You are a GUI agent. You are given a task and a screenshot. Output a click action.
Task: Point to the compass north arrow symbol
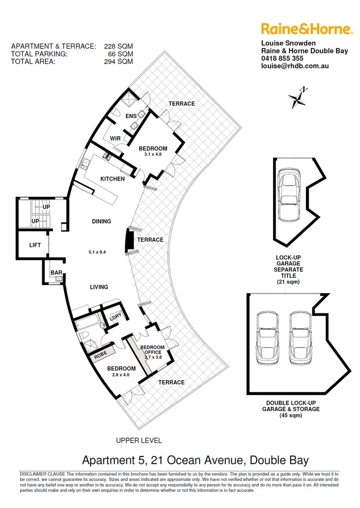click(x=298, y=97)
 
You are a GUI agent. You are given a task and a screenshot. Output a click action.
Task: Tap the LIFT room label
click(x=35, y=245)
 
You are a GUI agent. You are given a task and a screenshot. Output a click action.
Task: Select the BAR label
click(x=56, y=273)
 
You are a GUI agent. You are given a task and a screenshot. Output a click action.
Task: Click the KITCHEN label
click(x=113, y=179)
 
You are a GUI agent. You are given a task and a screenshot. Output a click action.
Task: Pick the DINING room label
click(x=101, y=221)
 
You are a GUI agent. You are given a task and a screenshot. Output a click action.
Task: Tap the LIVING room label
click(x=99, y=287)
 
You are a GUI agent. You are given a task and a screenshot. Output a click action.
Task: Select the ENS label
click(x=131, y=117)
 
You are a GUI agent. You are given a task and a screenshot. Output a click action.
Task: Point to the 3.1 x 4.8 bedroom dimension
click(x=153, y=155)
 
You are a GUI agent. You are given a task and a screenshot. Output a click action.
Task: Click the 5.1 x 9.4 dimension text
click(x=97, y=252)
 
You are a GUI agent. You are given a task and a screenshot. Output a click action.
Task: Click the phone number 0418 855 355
click(x=283, y=58)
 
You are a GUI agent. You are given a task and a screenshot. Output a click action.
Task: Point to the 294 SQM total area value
click(x=121, y=62)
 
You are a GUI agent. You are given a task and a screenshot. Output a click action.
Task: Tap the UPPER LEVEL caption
click(x=139, y=440)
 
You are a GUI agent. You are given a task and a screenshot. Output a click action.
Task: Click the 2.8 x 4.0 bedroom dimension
click(x=122, y=375)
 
